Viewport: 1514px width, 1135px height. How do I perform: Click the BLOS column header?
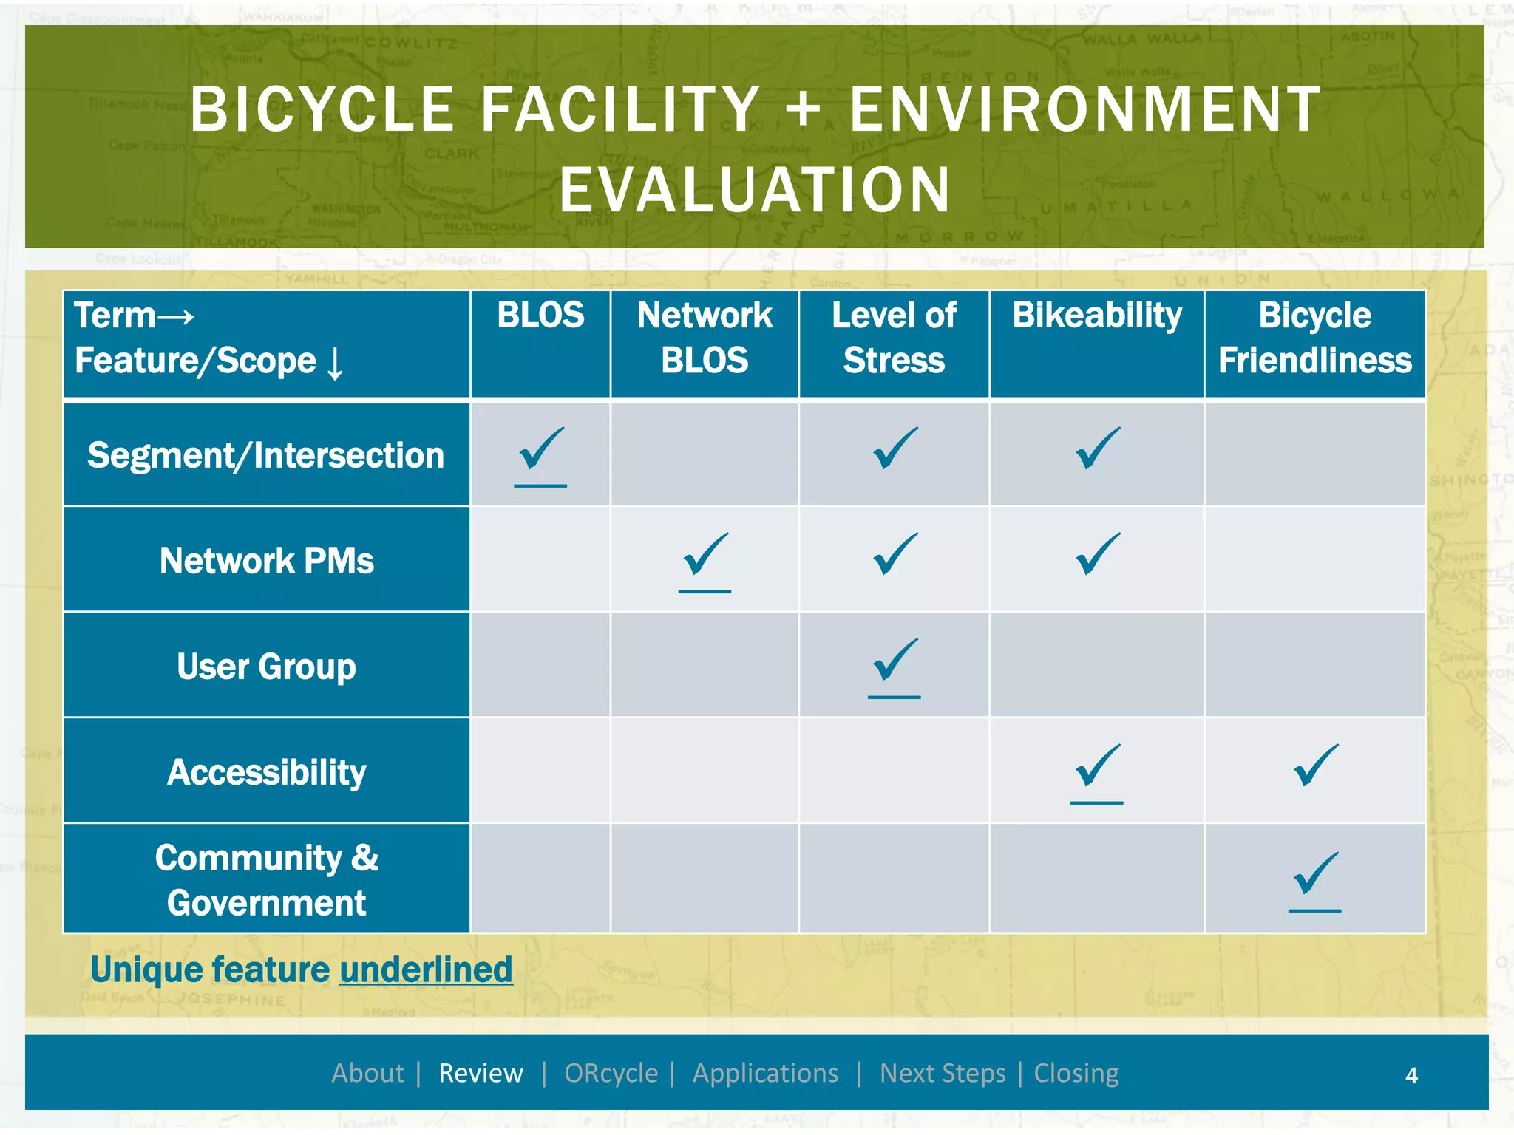coord(540,316)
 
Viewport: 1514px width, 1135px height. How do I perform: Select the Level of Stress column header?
coord(894,338)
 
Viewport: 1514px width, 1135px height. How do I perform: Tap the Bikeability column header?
coord(1097,316)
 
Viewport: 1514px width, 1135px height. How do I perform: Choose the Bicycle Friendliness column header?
coord(1314,338)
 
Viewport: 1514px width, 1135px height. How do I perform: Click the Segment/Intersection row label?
coord(266,455)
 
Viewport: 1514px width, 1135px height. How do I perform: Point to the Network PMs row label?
coord(266,561)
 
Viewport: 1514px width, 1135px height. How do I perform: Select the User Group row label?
coord(266,667)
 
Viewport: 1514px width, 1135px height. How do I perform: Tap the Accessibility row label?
coord(266,772)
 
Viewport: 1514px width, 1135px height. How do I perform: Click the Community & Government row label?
coord(266,880)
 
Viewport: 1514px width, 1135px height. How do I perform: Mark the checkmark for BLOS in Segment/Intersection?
coord(541,449)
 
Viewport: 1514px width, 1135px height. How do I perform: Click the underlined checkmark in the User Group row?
coord(895,661)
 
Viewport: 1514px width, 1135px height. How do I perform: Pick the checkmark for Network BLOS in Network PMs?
coord(705,555)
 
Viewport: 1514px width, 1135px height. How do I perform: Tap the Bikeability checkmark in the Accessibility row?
coord(1097,766)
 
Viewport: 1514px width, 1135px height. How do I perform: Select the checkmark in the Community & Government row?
coord(1315,874)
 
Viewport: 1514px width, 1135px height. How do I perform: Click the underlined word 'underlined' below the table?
coord(426,969)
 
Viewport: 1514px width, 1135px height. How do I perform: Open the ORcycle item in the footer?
coord(611,1073)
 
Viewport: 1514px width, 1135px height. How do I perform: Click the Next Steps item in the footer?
coord(943,1073)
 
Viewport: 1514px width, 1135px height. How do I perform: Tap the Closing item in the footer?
coord(1076,1073)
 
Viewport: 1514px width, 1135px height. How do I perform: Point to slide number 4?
coord(1411,1075)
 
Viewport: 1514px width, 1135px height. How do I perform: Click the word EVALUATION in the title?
coord(755,190)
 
